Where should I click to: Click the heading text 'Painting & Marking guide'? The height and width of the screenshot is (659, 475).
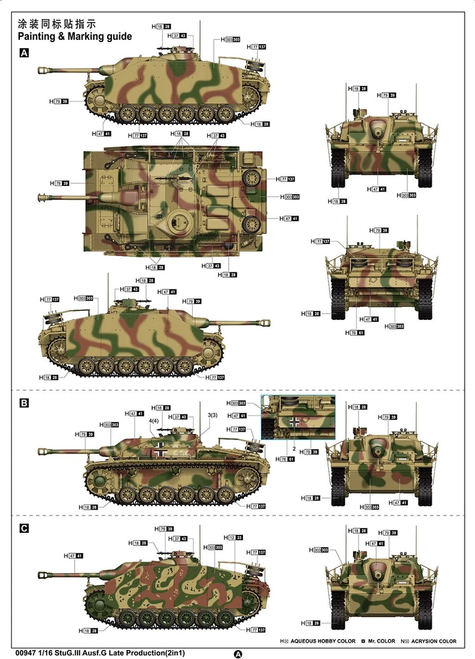click(x=73, y=36)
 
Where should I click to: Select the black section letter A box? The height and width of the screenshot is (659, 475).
click(x=24, y=53)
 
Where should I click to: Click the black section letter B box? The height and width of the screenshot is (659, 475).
click(x=24, y=403)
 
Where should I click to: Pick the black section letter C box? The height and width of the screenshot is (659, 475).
click(x=24, y=529)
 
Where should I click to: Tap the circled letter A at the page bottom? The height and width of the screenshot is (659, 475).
click(x=238, y=654)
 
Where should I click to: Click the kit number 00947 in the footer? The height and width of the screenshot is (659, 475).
click(x=25, y=644)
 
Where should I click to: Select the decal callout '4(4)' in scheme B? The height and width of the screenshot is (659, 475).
click(x=153, y=421)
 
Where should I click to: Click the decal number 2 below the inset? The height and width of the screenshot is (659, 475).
click(x=294, y=447)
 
